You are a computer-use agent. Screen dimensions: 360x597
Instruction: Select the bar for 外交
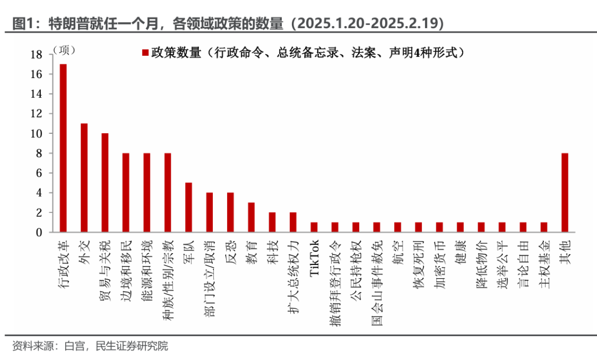pos(84,178)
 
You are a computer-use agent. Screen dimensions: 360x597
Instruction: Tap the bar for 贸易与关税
pos(105,182)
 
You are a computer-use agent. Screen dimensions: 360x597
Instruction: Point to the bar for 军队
pos(188,207)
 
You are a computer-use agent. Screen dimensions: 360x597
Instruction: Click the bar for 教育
pos(251,217)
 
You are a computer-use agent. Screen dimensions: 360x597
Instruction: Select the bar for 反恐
pos(230,212)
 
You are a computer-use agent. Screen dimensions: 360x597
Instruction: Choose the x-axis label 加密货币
pos(439,262)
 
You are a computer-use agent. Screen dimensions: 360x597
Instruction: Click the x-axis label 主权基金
pos(544,262)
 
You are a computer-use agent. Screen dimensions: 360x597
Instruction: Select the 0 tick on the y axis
pos(39,232)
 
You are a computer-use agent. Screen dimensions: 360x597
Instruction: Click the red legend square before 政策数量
pos(146,53)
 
